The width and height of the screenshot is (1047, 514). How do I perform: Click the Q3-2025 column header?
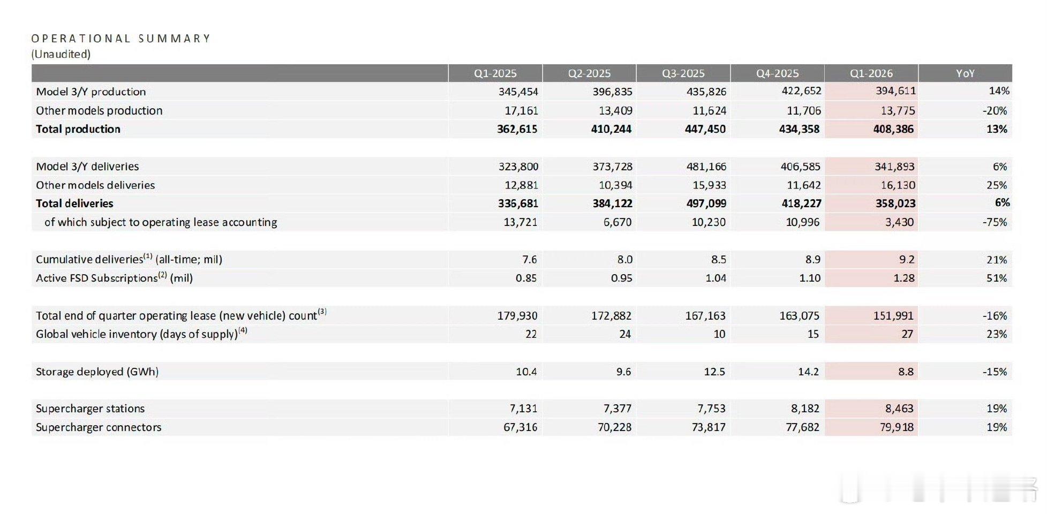[x=683, y=73]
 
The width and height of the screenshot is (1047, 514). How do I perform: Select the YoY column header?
[x=965, y=73]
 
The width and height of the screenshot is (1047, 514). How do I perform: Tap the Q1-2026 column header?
[x=871, y=73]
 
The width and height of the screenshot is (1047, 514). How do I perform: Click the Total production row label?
[x=78, y=129]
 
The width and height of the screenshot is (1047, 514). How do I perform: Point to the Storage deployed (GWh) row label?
[x=97, y=372]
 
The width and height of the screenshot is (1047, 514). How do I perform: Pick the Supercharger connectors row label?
[x=99, y=427]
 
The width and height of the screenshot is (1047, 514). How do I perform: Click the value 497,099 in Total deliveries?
[x=705, y=203]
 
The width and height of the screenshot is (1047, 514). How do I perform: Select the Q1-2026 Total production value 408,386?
[x=893, y=129]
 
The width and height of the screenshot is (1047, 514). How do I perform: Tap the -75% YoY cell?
[x=995, y=222]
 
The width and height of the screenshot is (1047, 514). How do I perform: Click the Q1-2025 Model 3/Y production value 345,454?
[x=518, y=92]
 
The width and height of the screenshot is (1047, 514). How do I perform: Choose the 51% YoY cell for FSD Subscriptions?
[x=996, y=278]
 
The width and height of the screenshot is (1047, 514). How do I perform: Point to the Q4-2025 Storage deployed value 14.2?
[x=808, y=372]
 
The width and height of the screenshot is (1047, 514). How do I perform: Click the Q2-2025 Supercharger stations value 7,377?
[x=617, y=409]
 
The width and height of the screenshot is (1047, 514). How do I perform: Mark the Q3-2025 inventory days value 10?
[x=719, y=334]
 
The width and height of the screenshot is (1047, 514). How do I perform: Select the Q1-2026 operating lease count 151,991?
[x=893, y=316]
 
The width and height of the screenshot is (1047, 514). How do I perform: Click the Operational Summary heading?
[x=121, y=39]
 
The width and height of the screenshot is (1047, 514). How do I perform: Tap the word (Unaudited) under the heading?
[x=61, y=54]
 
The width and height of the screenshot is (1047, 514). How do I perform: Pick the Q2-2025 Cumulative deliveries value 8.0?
[x=624, y=260]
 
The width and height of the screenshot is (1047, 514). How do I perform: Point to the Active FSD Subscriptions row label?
[x=114, y=278]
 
